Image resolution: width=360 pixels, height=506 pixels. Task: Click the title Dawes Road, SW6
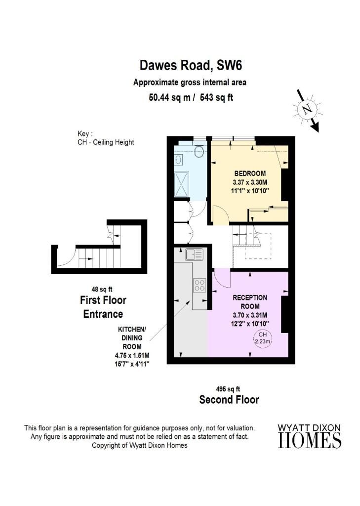click(191, 65)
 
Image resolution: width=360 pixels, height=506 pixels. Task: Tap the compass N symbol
click(307, 109)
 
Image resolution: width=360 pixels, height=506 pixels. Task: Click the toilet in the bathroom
click(200, 151)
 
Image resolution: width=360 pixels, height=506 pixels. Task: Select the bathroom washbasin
click(178, 159)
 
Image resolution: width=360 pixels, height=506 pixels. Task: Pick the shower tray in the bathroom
click(181, 184)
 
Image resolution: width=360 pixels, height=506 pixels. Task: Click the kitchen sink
click(194, 254)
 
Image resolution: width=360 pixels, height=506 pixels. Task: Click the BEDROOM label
click(250, 173)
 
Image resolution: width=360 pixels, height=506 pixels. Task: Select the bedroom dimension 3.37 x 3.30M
click(250, 182)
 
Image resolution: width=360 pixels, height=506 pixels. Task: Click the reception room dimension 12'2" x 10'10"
click(250, 324)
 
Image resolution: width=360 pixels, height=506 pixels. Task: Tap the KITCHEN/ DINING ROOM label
click(132, 338)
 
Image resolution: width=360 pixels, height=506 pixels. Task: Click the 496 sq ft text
click(228, 389)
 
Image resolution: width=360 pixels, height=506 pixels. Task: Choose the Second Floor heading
click(229, 400)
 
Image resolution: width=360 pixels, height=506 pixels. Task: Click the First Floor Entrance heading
click(103, 307)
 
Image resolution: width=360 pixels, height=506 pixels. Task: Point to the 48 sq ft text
click(102, 290)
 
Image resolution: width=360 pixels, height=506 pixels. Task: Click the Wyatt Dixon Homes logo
click(309, 436)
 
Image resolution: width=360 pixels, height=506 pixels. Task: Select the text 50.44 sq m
click(169, 97)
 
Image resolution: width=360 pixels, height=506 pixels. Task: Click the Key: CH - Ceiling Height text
click(106, 138)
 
